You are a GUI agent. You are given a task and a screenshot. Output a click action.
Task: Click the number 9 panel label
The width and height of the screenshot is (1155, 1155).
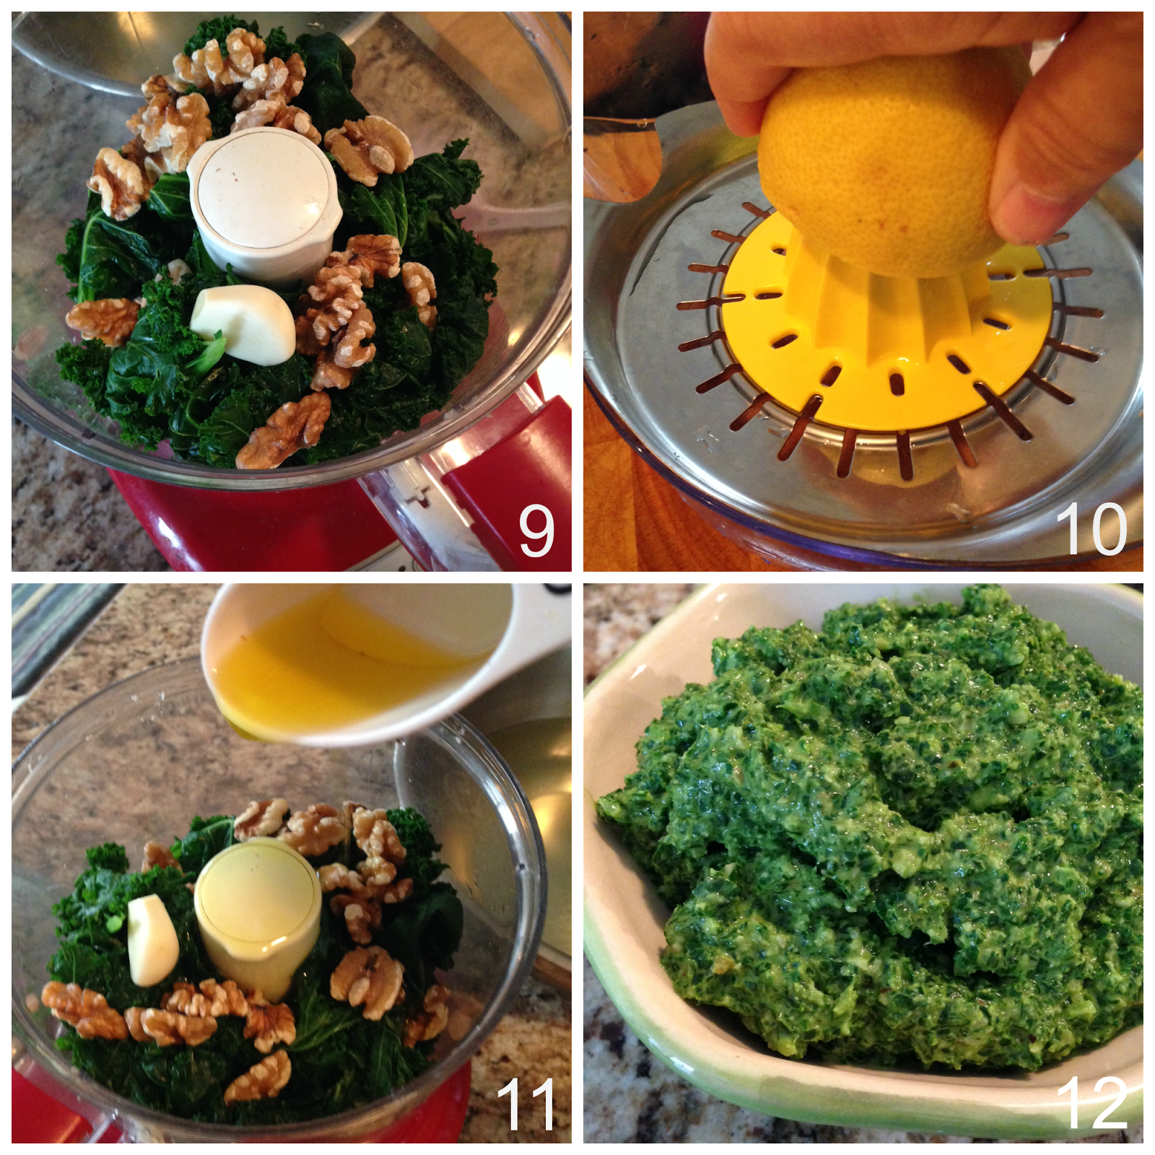536,531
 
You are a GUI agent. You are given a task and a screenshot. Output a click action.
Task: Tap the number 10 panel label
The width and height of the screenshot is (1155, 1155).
1091,529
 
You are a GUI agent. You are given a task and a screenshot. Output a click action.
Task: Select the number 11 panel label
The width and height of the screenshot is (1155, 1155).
526,1104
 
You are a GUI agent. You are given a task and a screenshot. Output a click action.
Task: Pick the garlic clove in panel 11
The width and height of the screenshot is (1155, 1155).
152,940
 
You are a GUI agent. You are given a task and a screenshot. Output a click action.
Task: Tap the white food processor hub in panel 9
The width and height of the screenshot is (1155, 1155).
264,207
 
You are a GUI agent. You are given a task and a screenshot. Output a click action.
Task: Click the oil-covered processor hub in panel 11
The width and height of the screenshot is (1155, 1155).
258,918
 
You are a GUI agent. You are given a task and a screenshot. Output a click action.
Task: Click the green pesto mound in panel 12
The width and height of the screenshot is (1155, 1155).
881,830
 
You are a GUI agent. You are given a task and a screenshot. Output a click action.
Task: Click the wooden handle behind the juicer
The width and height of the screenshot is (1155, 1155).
622,159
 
